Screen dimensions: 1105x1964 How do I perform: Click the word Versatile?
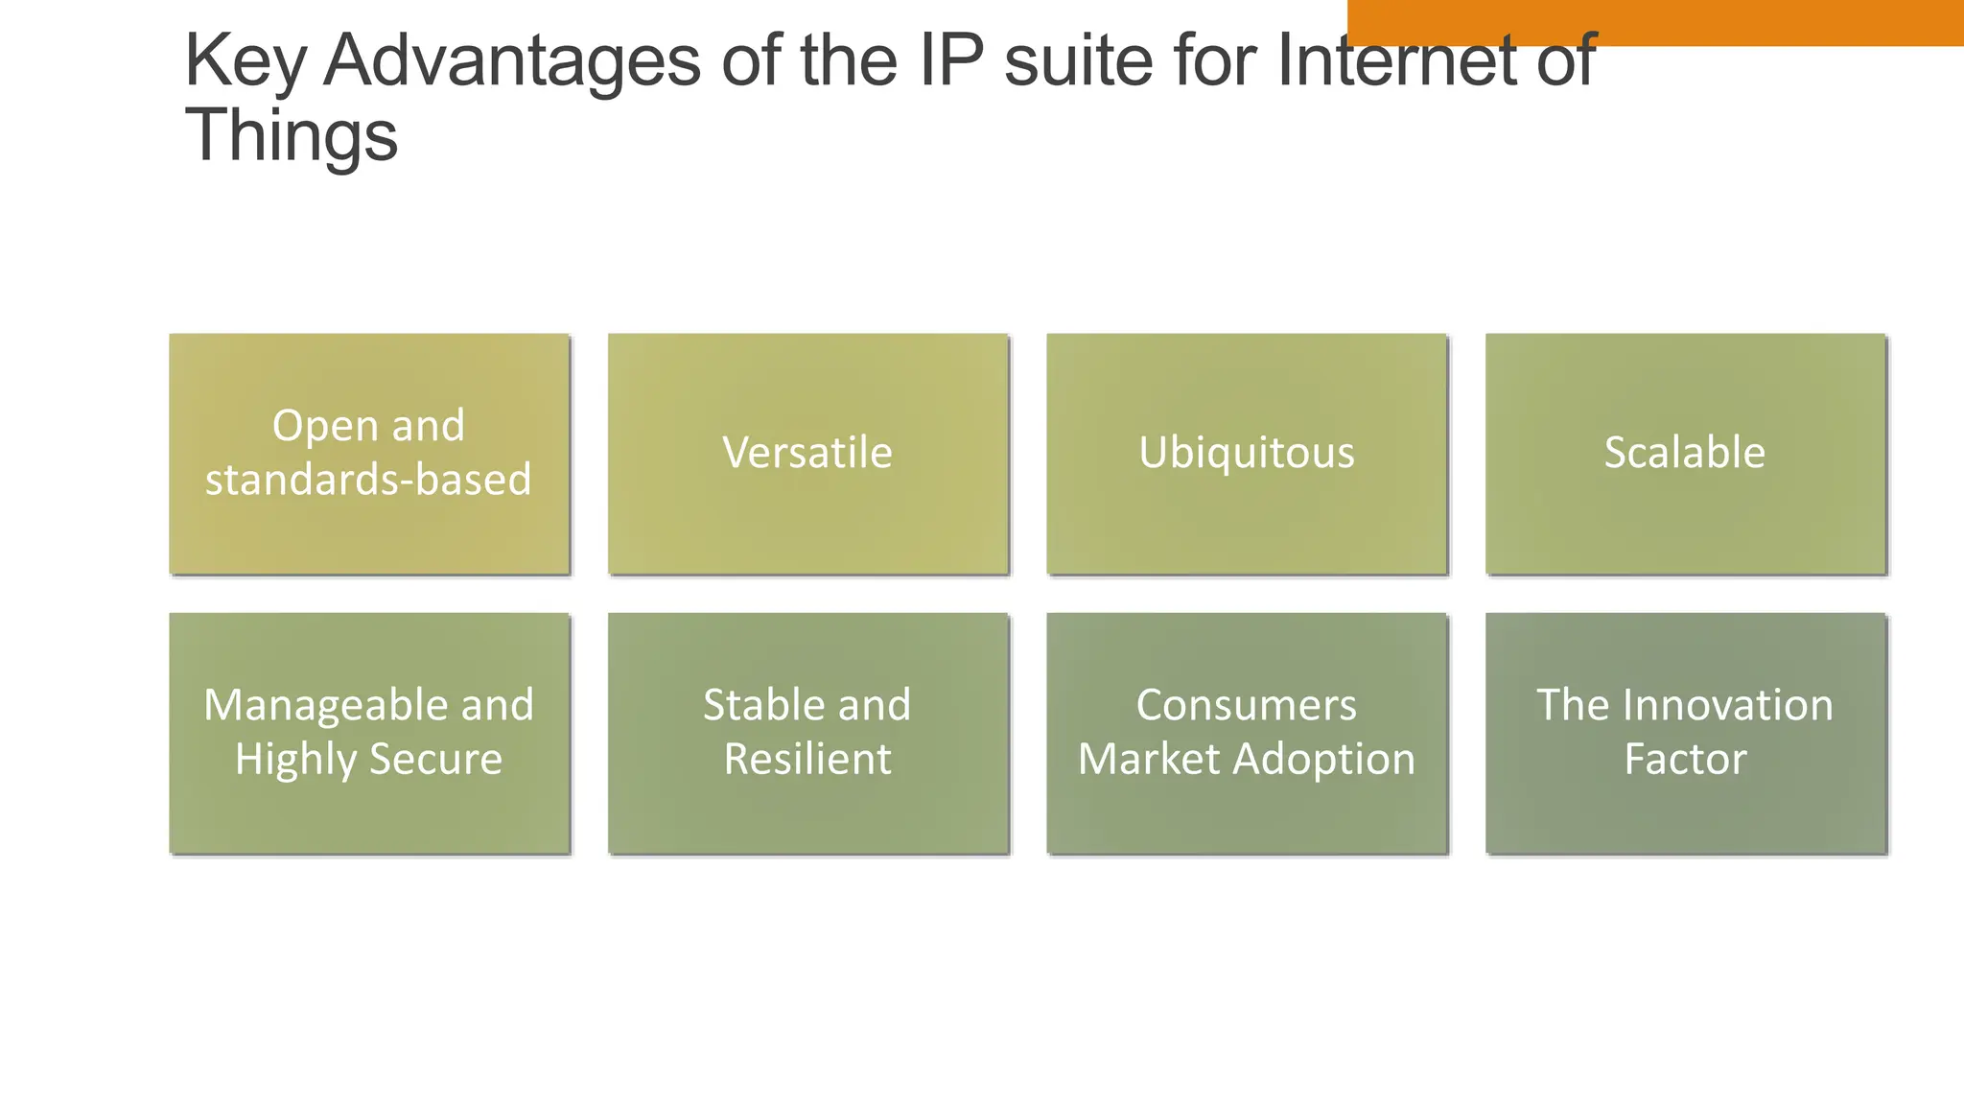(807, 453)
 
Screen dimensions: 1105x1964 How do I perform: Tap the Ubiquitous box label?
(1246, 453)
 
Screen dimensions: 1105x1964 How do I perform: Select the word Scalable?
(1684, 453)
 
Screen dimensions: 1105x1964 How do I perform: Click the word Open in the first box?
(311, 427)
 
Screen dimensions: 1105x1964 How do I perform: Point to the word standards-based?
(368, 480)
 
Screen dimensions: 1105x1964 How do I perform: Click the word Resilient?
(807, 759)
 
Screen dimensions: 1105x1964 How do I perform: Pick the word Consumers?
(1246, 705)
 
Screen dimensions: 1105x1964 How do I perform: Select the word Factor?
(1684, 759)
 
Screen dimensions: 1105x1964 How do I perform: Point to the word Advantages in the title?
(512, 62)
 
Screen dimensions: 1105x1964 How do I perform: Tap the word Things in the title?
(291, 135)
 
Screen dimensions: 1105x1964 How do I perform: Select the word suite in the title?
(1078, 62)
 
